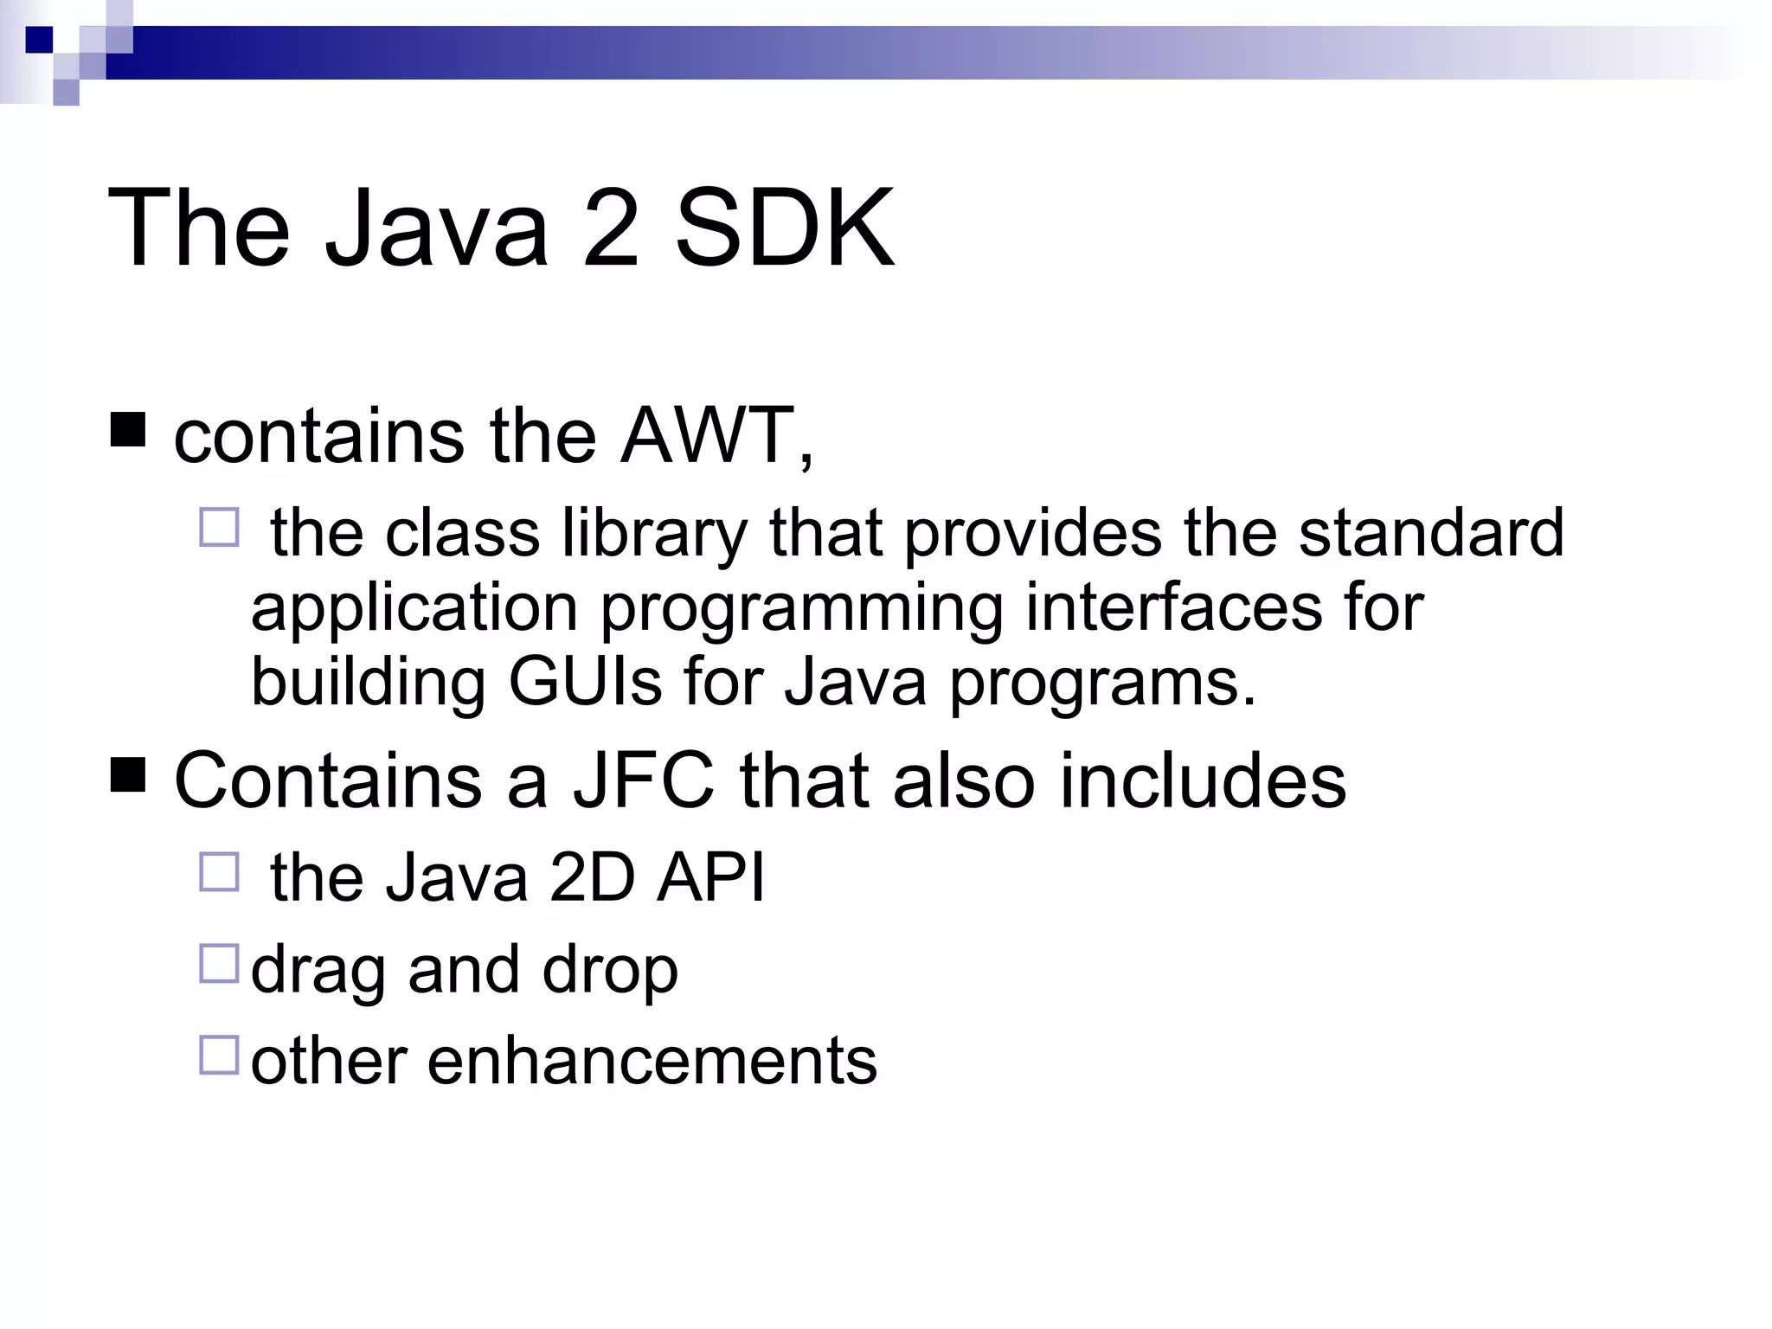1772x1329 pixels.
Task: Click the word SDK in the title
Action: point(784,228)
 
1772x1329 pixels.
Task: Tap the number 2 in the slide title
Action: point(611,228)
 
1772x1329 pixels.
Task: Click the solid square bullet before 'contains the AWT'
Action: point(128,430)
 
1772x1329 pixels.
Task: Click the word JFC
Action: point(644,780)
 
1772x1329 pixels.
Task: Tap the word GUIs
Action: point(585,682)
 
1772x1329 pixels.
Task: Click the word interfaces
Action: point(1174,607)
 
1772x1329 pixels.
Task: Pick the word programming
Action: point(801,609)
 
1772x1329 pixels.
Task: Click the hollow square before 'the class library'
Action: point(219,527)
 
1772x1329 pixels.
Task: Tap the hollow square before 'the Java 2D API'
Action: point(219,872)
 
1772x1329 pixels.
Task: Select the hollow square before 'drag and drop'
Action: point(219,964)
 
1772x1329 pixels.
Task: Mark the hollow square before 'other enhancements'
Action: point(219,1056)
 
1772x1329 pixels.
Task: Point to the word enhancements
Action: point(652,1061)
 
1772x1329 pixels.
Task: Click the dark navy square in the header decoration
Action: point(40,40)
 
